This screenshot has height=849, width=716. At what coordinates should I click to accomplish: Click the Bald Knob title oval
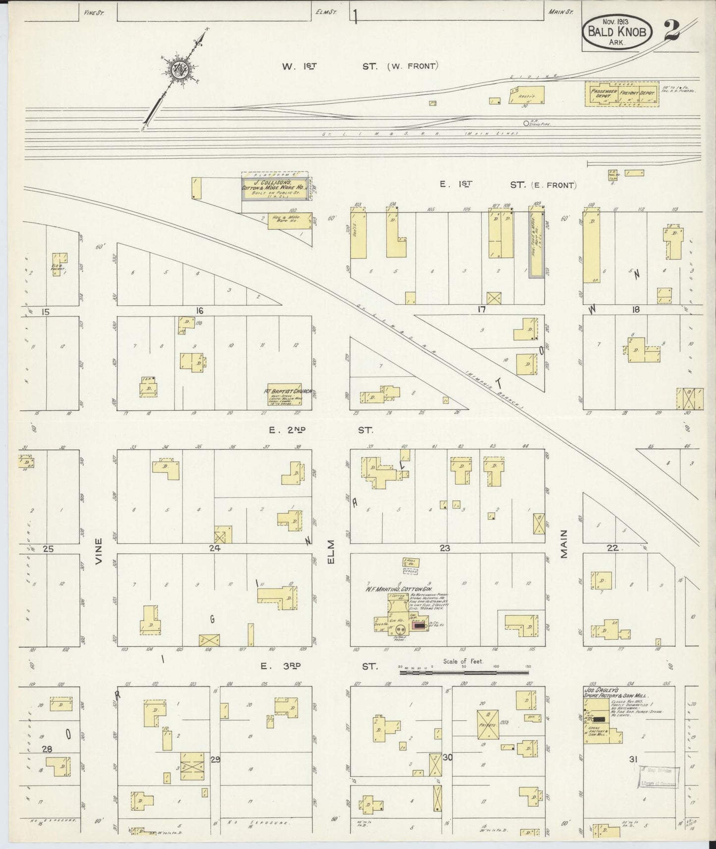[620, 31]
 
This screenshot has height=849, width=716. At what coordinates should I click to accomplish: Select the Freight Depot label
[640, 93]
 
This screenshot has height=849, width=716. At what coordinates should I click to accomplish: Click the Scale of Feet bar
[464, 673]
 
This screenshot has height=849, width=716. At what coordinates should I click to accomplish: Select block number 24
[214, 548]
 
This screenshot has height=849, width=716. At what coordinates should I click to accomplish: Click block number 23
[444, 548]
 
